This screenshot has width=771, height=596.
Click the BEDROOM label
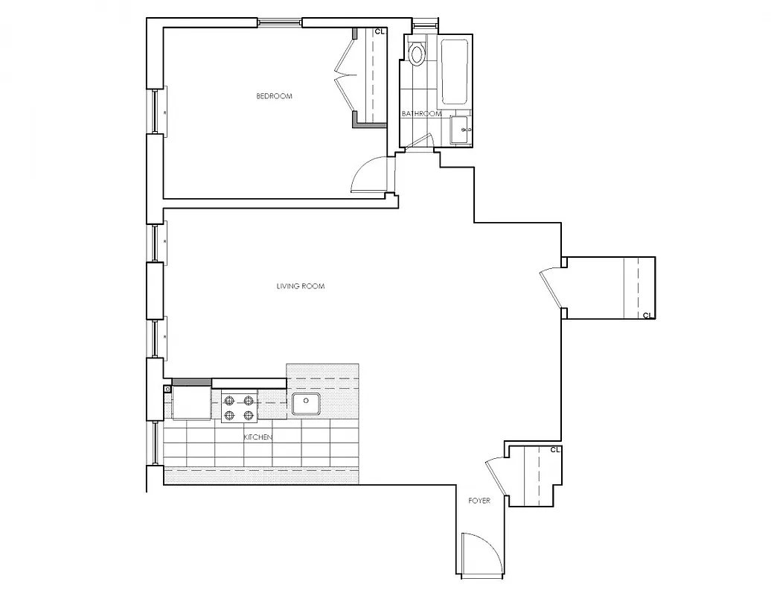(274, 96)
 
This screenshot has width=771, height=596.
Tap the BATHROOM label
(421, 114)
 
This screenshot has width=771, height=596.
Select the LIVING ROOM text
(301, 286)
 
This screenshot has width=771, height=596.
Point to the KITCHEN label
(257, 437)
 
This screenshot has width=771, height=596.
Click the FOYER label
(479, 501)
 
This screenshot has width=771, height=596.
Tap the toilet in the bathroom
(417, 53)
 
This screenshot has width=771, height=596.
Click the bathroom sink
(461, 130)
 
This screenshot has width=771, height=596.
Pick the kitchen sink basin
(305, 404)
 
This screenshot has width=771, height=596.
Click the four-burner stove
(239, 408)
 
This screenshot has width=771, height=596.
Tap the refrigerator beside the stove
(192, 403)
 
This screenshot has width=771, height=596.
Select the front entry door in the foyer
(479, 555)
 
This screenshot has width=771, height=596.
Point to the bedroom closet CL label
(380, 32)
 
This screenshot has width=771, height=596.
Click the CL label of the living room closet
(647, 315)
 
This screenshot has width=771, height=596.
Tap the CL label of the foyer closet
(554, 450)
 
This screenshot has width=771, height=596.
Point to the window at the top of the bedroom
(280, 22)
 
